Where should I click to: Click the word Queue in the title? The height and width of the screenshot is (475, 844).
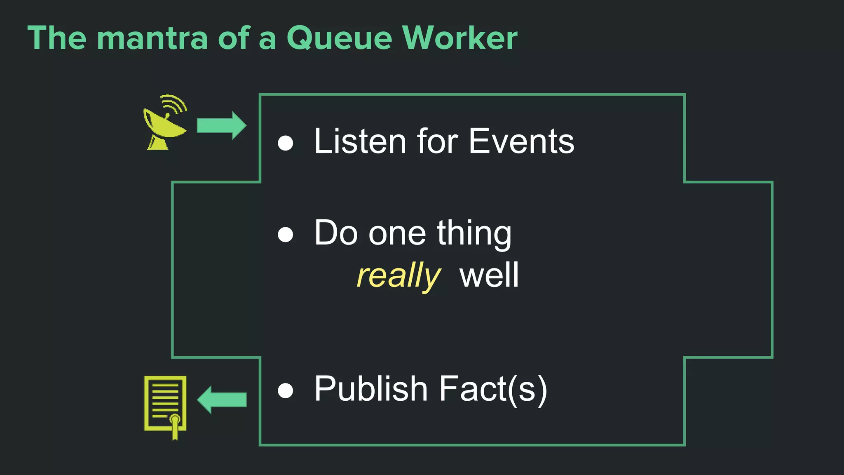[x=339, y=38]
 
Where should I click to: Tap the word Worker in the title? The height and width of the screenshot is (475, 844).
[x=460, y=38]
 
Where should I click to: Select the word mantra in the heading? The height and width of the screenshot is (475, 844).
[x=152, y=38]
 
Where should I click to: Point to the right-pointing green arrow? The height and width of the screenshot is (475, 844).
[x=221, y=125]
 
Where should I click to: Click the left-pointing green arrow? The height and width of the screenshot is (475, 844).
[x=222, y=400]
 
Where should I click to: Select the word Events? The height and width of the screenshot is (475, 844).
[x=521, y=141]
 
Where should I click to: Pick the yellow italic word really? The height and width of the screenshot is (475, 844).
[x=398, y=275]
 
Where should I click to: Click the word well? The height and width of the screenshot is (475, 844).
[x=489, y=275]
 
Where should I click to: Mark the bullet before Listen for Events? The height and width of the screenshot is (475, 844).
[x=285, y=143]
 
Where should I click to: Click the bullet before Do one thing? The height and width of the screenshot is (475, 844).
[x=285, y=235]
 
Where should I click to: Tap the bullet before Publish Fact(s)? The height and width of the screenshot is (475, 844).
[x=285, y=390]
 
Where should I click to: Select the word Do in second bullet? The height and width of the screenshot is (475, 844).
[x=336, y=233]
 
